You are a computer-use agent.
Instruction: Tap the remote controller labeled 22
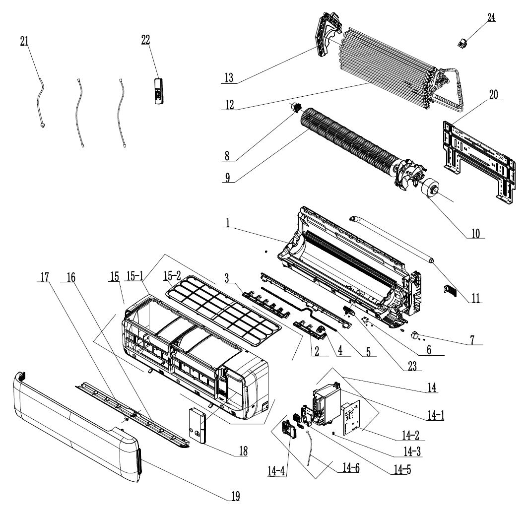coord(159,91)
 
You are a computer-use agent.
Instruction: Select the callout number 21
coord(24,42)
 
